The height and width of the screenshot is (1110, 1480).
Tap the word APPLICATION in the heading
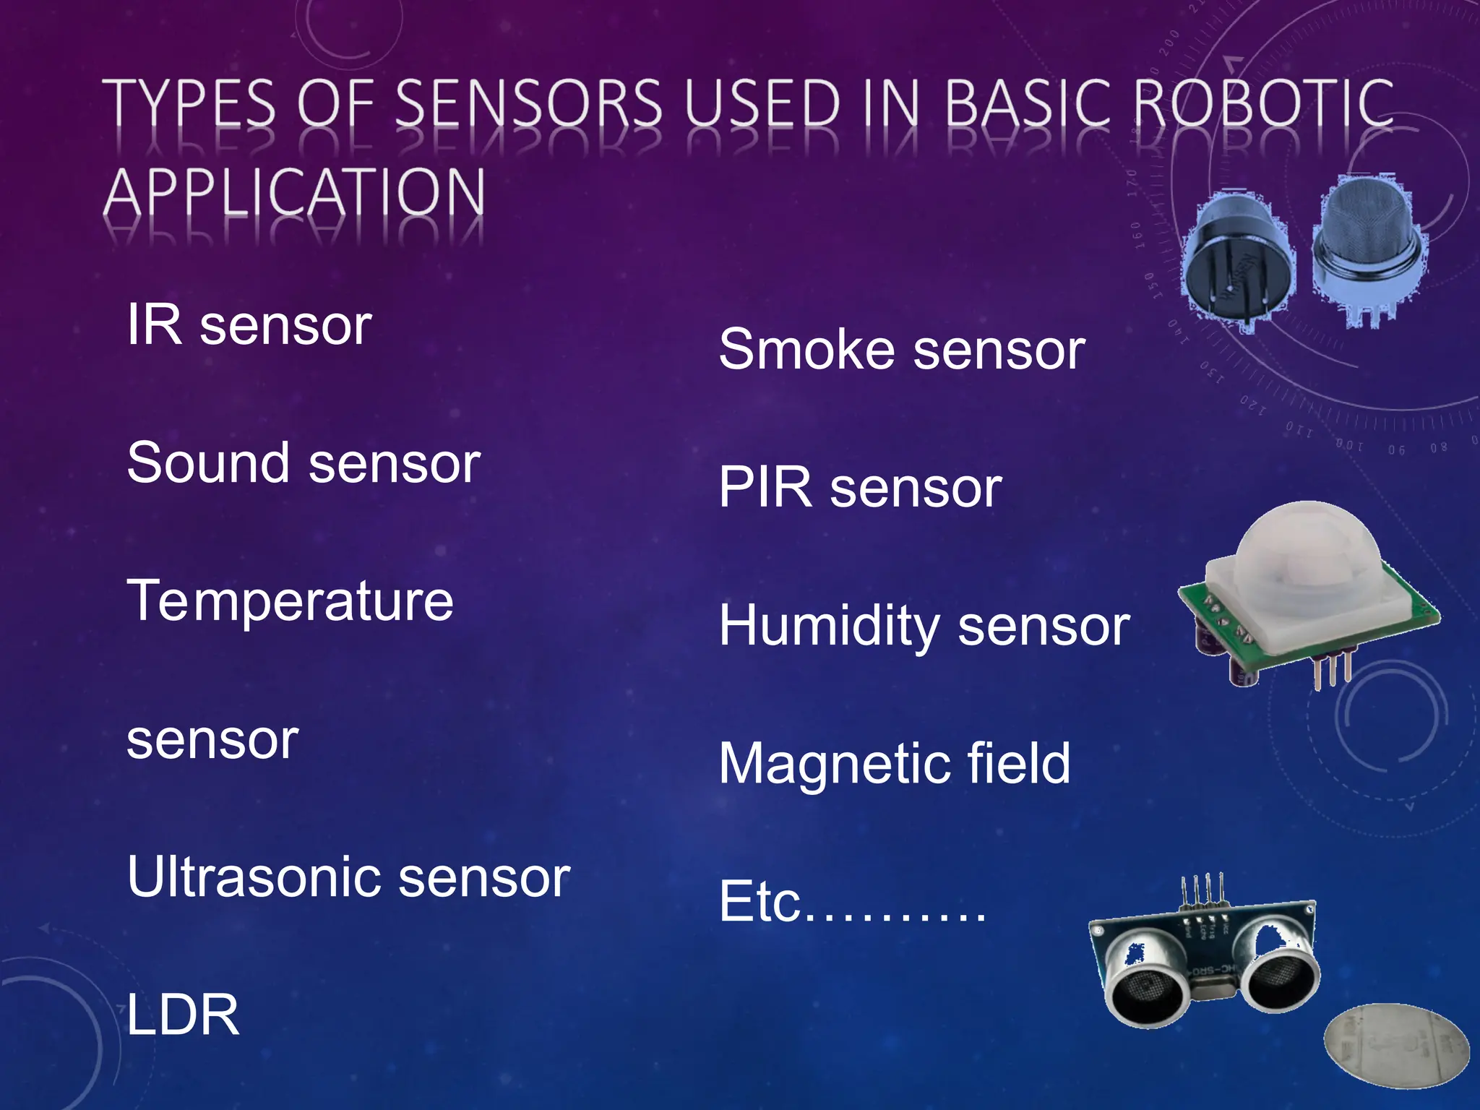294,193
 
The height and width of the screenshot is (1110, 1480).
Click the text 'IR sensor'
249,325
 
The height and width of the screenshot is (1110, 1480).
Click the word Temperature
290,601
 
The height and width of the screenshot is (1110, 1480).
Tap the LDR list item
182,1015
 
